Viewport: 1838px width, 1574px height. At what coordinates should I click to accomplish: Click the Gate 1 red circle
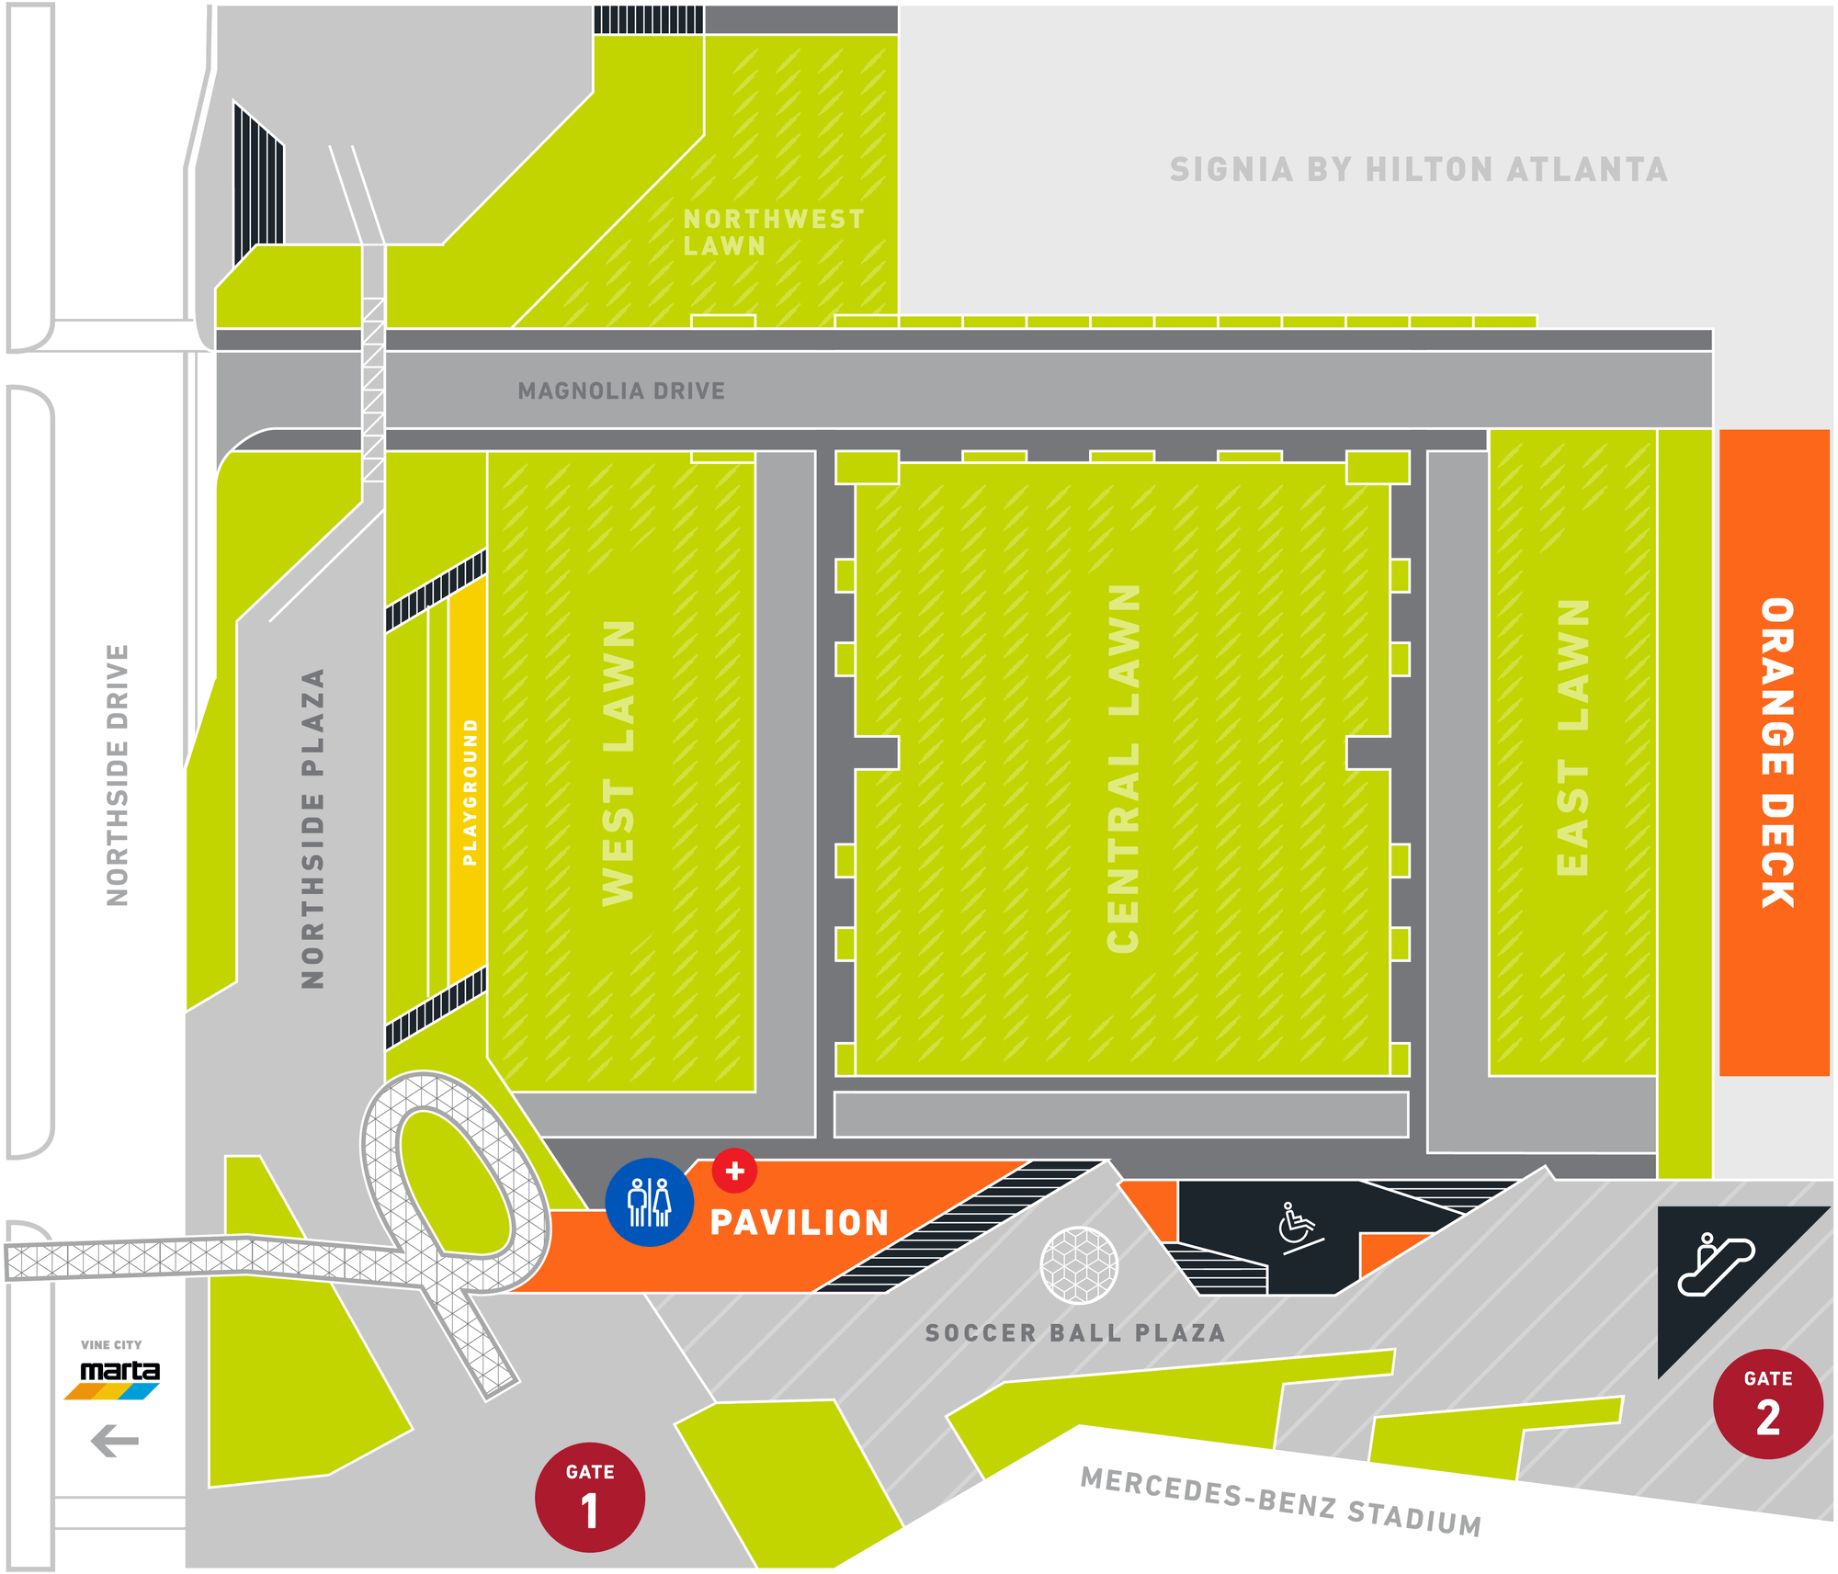(x=589, y=1497)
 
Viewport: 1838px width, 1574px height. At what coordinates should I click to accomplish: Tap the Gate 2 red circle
(x=1767, y=1403)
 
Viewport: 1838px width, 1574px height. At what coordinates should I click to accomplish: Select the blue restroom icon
(x=649, y=1202)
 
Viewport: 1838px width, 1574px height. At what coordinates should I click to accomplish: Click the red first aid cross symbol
(x=734, y=1171)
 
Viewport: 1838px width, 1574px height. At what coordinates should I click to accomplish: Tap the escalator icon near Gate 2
(x=1715, y=1265)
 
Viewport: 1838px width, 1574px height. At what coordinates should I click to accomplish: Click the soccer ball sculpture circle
(x=1079, y=1265)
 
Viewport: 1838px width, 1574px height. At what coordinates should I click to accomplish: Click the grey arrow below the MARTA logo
(x=115, y=1440)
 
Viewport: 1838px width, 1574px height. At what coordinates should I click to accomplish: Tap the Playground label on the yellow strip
(x=470, y=792)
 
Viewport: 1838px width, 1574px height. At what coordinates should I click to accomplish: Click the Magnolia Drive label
(x=621, y=391)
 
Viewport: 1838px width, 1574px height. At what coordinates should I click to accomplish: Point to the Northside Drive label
(x=118, y=776)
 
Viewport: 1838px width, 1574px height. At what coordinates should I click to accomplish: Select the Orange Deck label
(x=1776, y=753)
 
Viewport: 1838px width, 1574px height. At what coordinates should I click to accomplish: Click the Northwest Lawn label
(x=773, y=232)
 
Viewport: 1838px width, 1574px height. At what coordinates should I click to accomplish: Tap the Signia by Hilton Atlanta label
(x=1418, y=170)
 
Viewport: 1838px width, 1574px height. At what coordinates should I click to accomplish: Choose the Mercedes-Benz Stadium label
(x=1280, y=1501)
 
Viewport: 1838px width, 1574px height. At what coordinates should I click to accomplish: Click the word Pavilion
(x=800, y=1223)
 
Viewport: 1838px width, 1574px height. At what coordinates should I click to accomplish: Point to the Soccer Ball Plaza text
(x=1074, y=1333)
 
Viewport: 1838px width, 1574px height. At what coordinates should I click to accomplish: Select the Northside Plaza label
(x=313, y=828)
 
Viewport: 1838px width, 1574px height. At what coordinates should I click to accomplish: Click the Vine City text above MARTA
(x=111, y=1344)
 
